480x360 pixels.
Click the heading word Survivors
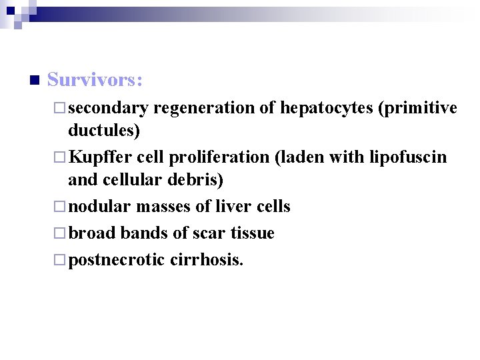tap(95, 80)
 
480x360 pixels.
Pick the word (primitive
tap(417, 108)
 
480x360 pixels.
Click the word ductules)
tap(104, 130)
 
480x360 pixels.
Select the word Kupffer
tap(101, 157)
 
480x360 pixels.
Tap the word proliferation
tap(216, 157)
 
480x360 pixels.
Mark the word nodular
tap(99, 207)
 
